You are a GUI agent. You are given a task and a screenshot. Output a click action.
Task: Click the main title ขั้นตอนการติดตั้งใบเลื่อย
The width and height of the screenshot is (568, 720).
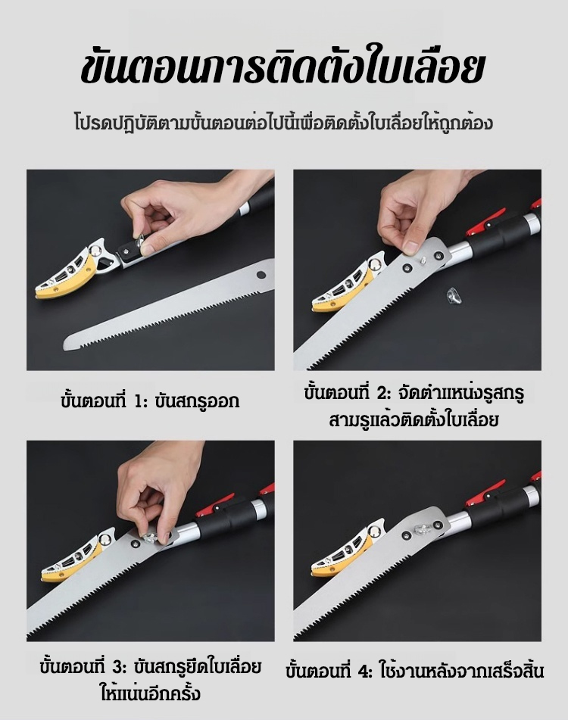tap(282, 70)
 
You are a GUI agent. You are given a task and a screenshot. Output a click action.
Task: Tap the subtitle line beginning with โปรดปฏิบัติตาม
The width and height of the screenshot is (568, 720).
tap(283, 123)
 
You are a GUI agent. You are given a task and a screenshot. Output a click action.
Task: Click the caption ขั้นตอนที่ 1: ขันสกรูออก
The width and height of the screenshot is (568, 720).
tap(150, 401)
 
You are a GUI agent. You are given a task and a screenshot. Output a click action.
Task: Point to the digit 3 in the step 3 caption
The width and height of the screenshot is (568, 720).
tap(120, 666)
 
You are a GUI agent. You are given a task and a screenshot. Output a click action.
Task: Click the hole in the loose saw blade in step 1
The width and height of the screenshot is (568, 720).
tap(261, 275)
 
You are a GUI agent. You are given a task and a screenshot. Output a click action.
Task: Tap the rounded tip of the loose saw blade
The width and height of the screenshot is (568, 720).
tap(67, 342)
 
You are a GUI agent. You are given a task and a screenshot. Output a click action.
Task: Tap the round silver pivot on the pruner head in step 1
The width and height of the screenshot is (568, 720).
tap(96, 251)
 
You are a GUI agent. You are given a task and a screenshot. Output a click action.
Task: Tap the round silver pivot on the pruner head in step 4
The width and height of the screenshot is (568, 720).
tap(376, 531)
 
